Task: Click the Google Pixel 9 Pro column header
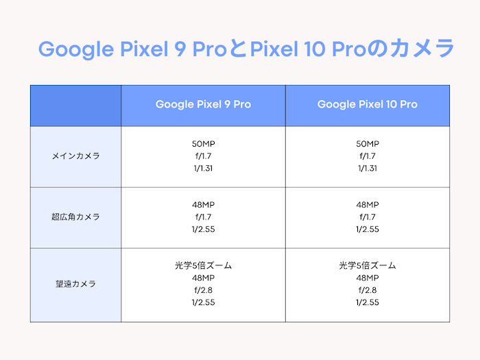point(203,104)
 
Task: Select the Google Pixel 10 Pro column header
point(368,104)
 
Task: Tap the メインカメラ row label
point(75,156)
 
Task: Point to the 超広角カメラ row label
point(75,217)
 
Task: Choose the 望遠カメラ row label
point(75,284)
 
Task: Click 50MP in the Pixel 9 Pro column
point(203,144)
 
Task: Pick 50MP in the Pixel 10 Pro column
point(368,144)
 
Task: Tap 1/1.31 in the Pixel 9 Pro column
point(203,169)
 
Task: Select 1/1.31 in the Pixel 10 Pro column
point(368,169)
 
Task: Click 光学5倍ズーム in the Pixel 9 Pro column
point(203,265)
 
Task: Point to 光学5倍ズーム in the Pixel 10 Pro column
point(368,265)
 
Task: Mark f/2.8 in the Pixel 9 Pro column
point(203,290)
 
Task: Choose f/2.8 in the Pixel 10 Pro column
point(368,290)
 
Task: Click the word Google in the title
point(76,49)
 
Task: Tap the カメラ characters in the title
point(422,49)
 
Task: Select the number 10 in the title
point(315,49)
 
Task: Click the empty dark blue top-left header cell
point(75,106)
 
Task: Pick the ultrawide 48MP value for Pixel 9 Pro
point(203,205)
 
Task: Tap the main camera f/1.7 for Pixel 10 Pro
point(368,156)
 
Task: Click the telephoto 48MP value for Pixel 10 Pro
point(368,278)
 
